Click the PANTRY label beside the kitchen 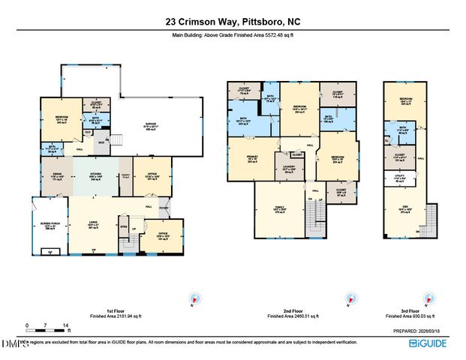point(125,175)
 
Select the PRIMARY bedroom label point(242,160)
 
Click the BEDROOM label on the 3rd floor point(405,100)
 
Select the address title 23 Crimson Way point(233,22)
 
